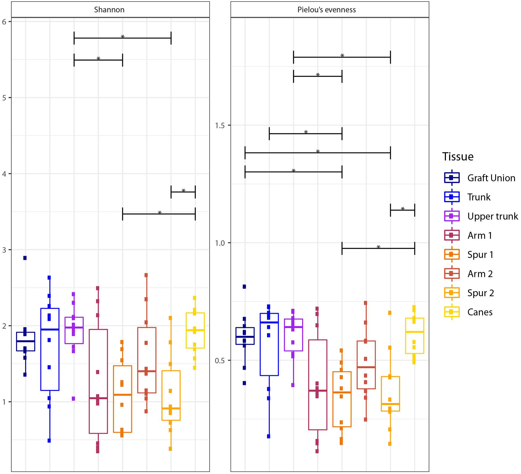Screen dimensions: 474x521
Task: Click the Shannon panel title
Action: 109,10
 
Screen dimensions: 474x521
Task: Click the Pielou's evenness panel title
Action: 326,10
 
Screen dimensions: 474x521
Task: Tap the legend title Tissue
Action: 458,156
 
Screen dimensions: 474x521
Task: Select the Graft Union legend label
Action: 491,178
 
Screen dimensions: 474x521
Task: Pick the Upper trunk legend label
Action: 493,216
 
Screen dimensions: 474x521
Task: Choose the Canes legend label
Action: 480,312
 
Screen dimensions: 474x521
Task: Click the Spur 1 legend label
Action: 480,254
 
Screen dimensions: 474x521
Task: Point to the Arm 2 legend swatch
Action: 452,274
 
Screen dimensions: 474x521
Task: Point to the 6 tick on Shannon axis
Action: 4,22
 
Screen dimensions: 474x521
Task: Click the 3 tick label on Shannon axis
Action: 4,250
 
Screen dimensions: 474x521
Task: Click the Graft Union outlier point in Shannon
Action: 25,258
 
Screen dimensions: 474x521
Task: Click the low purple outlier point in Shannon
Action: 73,398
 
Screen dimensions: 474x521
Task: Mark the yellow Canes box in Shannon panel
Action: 195,330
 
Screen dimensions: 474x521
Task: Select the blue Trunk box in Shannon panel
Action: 50,349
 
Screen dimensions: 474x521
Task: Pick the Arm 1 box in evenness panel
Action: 318,385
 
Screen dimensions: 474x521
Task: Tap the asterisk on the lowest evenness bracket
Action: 378,247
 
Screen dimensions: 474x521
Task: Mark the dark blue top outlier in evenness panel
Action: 244,287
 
